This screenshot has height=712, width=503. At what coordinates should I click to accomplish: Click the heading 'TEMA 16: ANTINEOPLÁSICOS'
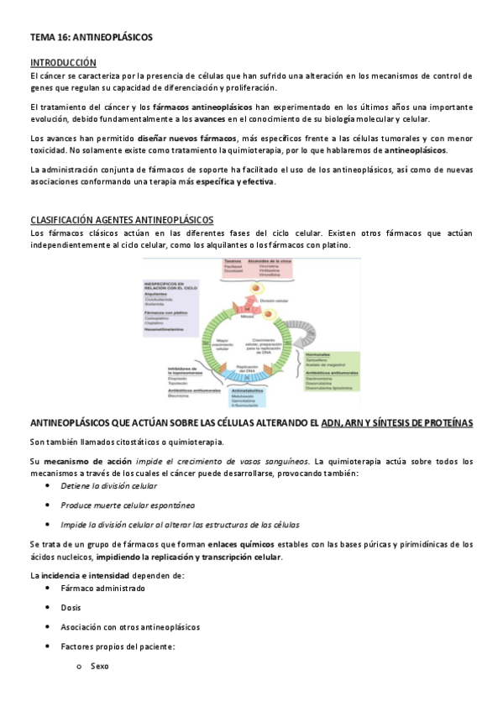tap(91, 38)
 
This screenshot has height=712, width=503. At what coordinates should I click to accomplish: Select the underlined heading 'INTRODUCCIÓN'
tap(63, 63)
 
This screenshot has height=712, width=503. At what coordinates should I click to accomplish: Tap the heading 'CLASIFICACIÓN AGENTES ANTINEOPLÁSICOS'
tap(122, 220)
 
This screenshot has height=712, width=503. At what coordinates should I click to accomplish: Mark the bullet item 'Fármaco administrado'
tap(102, 589)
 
